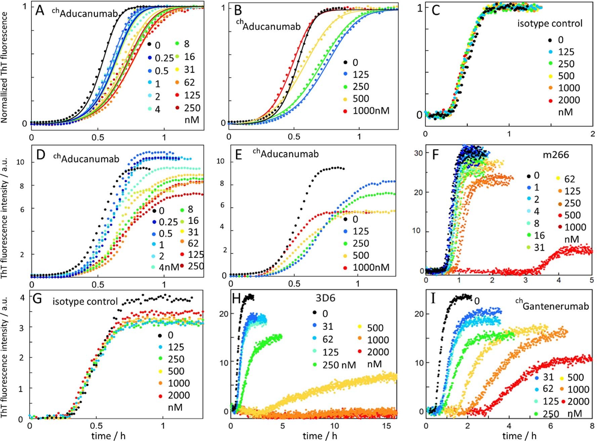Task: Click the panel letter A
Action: point(40,10)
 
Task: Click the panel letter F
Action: point(435,156)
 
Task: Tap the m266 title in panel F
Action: point(556,155)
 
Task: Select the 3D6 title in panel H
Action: point(325,298)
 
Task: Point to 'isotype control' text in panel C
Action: point(549,24)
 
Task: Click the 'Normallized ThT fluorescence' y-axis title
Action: point(4,68)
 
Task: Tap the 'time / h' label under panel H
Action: point(319,436)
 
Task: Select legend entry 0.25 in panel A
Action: point(164,58)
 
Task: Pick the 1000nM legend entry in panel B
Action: point(371,111)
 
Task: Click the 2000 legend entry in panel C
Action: point(569,100)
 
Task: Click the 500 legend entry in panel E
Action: point(360,255)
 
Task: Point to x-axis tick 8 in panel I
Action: point(591,426)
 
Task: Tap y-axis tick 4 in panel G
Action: point(22,298)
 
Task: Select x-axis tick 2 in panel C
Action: point(592,134)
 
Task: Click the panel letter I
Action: point(433,298)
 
